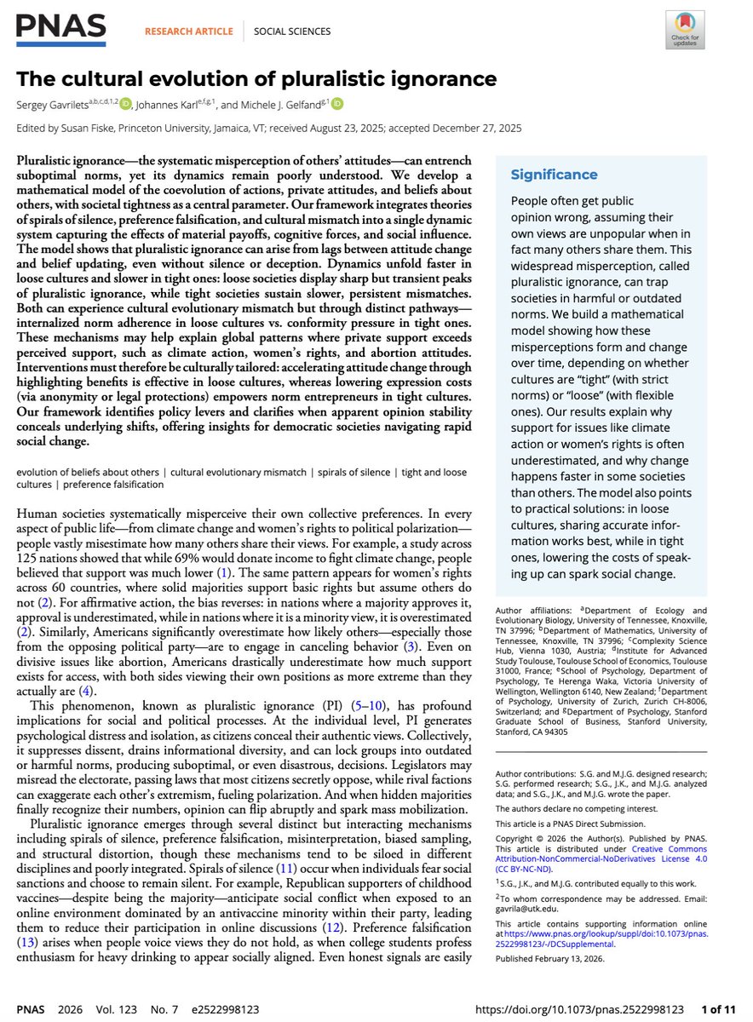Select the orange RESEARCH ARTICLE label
pos(189,32)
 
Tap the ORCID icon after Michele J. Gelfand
pos(337,104)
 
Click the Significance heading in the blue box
pos(554,175)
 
